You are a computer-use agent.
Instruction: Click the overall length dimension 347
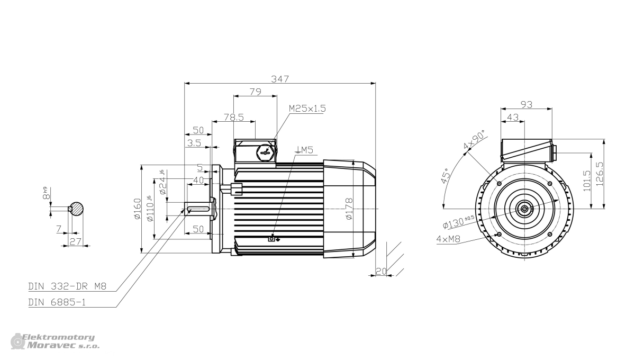pyautogui.click(x=280, y=79)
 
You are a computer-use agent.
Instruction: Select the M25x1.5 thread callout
pyautogui.click(x=307, y=109)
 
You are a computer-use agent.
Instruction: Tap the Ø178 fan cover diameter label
pyautogui.click(x=349, y=209)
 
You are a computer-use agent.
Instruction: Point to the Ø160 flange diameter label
pyautogui.click(x=137, y=209)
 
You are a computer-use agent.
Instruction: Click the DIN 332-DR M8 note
pyautogui.click(x=67, y=286)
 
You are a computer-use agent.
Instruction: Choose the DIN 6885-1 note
pyautogui.click(x=57, y=302)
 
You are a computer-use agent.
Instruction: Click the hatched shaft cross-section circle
pyautogui.click(x=77, y=209)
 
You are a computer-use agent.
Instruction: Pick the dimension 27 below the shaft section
pyautogui.click(x=75, y=241)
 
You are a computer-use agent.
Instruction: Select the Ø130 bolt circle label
pyautogui.click(x=458, y=222)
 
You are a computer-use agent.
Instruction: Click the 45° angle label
pyautogui.click(x=446, y=176)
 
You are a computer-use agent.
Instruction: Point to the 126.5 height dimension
pyautogui.click(x=600, y=174)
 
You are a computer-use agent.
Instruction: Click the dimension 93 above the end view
pyautogui.click(x=527, y=104)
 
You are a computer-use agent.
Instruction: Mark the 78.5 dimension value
pyautogui.click(x=234, y=117)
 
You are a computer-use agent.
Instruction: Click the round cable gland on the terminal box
pyautogui.click(x=266, y=153)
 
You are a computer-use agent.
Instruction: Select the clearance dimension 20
pyautogui.click(x=381, y=271)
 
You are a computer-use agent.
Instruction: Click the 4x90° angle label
pyautogui.click(x=474, y=140)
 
